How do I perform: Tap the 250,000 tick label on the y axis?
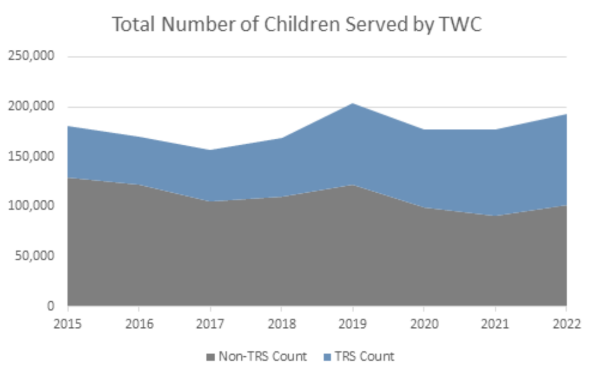[31, 56]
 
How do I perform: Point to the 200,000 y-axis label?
[31, 107]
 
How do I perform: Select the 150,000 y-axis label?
[31, 156]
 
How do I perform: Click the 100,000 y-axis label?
[31, 206]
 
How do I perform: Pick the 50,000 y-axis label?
[34, 256]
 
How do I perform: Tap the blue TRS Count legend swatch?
[327, 357]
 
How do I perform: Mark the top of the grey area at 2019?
[353, 185]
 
